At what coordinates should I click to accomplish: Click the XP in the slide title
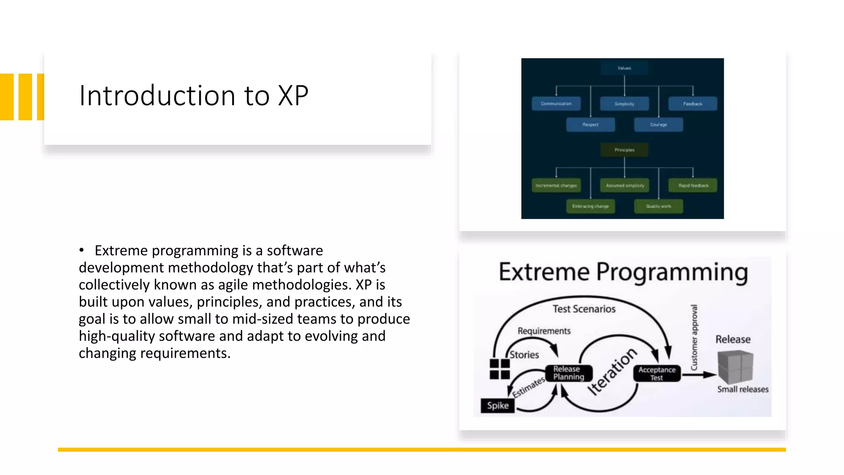(293, 96)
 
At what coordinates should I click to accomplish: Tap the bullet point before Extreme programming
(82, 250)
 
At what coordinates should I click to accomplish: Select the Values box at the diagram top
(624, 68)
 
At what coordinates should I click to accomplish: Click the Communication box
(556, 103)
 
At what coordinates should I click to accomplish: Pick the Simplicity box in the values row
(624, 103)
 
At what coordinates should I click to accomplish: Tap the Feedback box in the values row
(692, 103)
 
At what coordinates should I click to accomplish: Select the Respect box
(590, 124)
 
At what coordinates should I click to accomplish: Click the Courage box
(658, 124)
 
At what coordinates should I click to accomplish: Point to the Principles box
(624, 150)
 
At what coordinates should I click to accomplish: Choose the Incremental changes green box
(556, 185)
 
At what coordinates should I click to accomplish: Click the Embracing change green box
(590, 206)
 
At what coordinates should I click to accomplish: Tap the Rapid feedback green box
(692, 185)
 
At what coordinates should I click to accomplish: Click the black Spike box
(497, 405)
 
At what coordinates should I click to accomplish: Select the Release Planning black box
(569, 373)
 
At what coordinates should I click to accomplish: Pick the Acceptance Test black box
(657, 373)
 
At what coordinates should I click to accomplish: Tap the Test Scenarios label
(584, 309)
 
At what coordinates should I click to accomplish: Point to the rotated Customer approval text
(694, 337)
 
